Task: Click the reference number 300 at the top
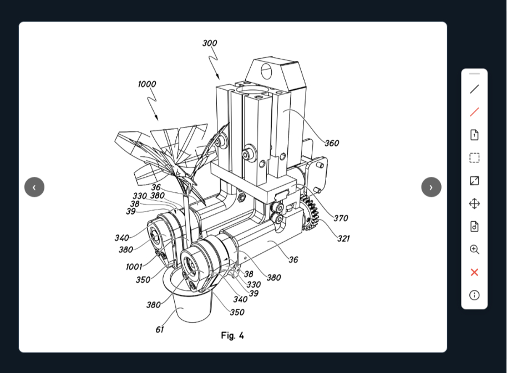click(210, 43)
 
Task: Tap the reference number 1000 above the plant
click(147, 84)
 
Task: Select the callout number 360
click(332, 143)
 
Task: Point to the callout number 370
click(341, 218)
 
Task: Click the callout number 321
click(343, 238)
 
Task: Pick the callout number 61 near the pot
click(160, 329)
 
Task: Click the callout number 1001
click(134, 267)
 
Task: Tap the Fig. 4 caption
click(232, 335)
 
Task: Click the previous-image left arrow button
click(34, 187)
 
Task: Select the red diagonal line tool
click(474, 112)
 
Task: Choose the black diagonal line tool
click(474, 89)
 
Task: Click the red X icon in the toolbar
click(474, 272)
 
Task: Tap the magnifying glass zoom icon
click(474, 249)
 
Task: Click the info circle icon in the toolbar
click(474, 295)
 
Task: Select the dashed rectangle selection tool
click(474, 158)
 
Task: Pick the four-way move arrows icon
click(474, 204)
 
